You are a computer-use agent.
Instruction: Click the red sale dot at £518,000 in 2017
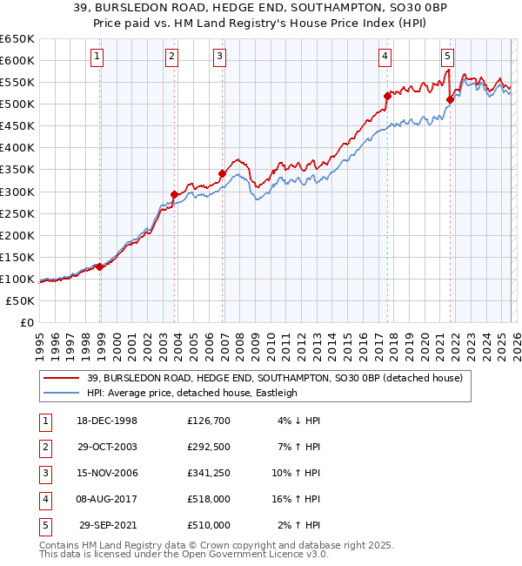pyautogui.click(x=387, y=96)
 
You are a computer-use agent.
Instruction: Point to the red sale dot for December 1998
pyautogui.click(x=99, y=266)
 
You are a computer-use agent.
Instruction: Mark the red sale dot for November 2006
pyautogui.click(x=222, y=173)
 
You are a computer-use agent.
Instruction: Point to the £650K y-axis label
pyautogui.click(x=17, y=39)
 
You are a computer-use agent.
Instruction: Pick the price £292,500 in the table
pyautogui.click(x=209, y=446)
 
